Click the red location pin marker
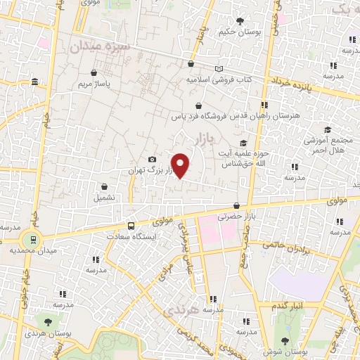(x=181, y=165)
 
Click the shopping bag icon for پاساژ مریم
(x=94, y=72)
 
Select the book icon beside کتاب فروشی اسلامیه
(x=220, y=68)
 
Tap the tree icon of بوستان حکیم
(x=240, y=21)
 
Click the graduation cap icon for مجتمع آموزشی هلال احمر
(x=328, y=130)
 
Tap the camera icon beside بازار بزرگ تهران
(x=152, y=160)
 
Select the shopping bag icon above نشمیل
(x=105, y=187)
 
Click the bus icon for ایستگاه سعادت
(x=131, y=226)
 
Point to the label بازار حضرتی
(x=233, y=218)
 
